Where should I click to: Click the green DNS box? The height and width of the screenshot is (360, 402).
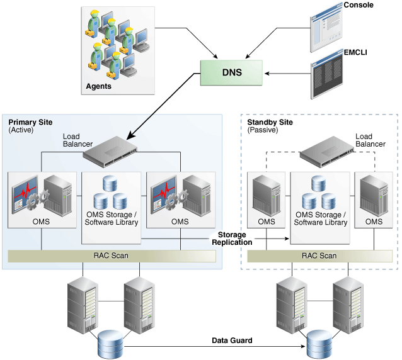232,72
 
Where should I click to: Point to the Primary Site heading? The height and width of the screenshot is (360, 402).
30,122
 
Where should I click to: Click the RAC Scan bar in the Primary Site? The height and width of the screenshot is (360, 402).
112,256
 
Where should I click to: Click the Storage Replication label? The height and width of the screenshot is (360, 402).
232,238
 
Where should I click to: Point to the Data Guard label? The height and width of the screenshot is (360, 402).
231,340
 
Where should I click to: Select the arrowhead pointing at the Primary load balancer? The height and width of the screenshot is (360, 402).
130,135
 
